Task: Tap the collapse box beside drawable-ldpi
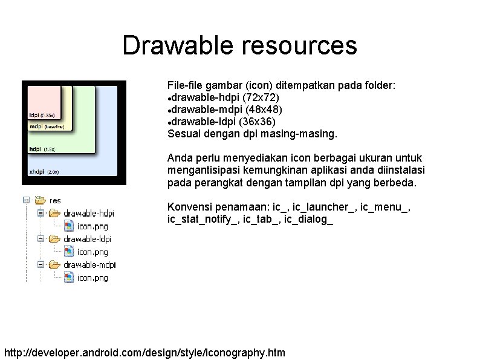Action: tap(41, 239)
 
